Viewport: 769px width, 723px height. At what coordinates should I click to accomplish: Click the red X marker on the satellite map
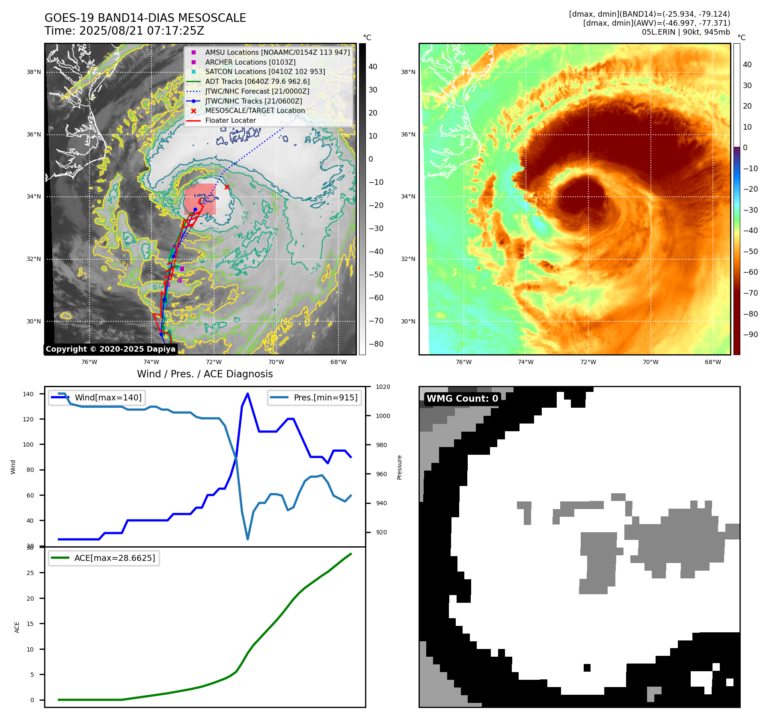click(227, 187)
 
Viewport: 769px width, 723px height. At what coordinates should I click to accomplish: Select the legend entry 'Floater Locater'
click(230, 121)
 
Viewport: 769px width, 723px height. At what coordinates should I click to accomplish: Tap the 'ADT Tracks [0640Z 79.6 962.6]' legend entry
click(257, 81)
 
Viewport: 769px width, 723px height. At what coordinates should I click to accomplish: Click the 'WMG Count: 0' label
click(462, 399)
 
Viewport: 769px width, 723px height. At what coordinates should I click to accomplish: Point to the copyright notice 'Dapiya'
click(110, 349)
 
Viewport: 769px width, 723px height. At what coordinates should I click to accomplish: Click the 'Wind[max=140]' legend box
click(97, 397)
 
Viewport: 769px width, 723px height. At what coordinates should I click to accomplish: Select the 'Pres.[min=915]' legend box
click(315, 397)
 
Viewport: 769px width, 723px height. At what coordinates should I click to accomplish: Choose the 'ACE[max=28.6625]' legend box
click(104, 558)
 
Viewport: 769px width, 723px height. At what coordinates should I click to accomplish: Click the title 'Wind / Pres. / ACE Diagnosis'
click(205, 374)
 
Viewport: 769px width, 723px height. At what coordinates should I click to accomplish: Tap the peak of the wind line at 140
click(248, 394)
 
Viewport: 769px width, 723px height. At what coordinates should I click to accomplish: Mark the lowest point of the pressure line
click(248, 539)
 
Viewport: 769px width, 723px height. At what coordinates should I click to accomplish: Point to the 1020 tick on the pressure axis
click(383, 387)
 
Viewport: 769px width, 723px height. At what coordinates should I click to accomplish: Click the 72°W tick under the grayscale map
click(214, 362)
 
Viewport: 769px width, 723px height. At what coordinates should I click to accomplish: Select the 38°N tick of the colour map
click(408, 72)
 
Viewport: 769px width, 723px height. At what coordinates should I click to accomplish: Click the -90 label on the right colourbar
click(750, 335)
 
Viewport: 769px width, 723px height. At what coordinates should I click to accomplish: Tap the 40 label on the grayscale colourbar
click(373, 67)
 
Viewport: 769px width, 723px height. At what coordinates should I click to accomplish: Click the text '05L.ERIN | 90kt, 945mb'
click(686, 32)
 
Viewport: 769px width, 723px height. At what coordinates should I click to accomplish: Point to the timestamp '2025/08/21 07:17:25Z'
click(142, 31)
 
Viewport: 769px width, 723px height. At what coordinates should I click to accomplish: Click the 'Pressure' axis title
click(399, 467)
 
